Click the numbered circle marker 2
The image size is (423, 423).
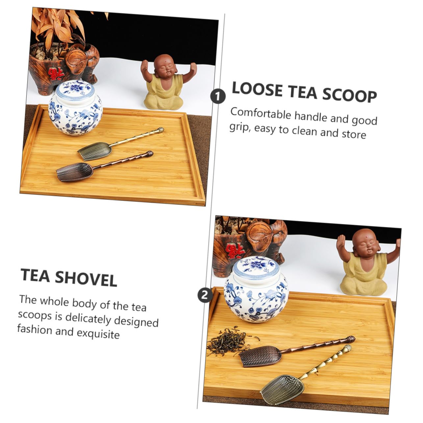tap(205, 295)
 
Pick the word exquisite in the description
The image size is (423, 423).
tap(98, 334)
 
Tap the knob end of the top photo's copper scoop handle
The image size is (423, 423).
tap(150, 153)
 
